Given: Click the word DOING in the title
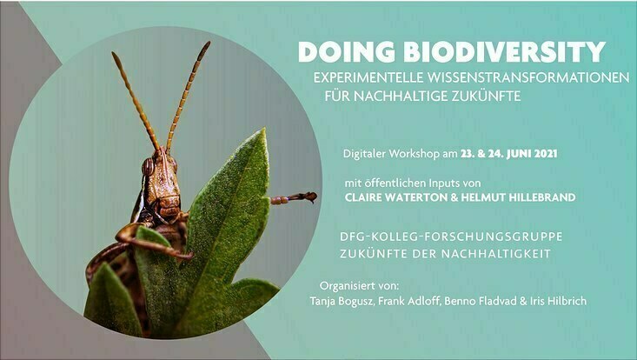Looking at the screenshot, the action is (347, 52).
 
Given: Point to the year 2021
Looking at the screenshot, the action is (546, 154).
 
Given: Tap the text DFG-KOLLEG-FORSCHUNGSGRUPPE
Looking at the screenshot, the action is (451, 237).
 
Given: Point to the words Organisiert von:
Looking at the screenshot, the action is (359, 285).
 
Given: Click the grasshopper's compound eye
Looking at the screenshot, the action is (148, 167).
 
